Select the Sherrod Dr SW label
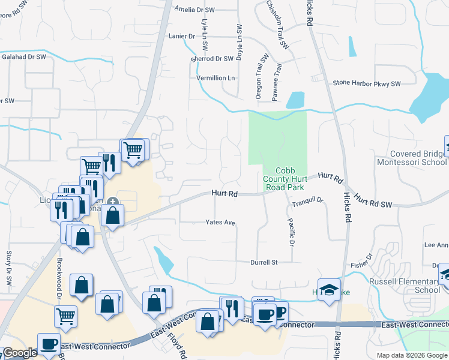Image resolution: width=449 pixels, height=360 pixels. coord(211,59)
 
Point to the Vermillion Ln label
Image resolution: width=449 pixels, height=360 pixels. coord(215,78)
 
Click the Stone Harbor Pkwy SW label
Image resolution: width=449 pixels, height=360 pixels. coord(366,83)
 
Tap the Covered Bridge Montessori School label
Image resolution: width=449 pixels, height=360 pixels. coord(412,158)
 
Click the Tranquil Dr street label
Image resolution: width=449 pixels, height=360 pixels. coord(308,202)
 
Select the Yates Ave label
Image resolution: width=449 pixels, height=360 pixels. coord(220,222)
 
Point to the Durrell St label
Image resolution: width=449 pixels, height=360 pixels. coord(264,262)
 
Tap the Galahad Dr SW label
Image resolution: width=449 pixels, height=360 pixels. coord(23,56)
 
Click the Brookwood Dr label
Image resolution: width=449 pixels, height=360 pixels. coord(60,280)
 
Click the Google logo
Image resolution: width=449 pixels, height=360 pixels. coord(20,353)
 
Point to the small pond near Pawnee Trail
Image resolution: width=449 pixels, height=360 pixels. coord(297,100)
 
